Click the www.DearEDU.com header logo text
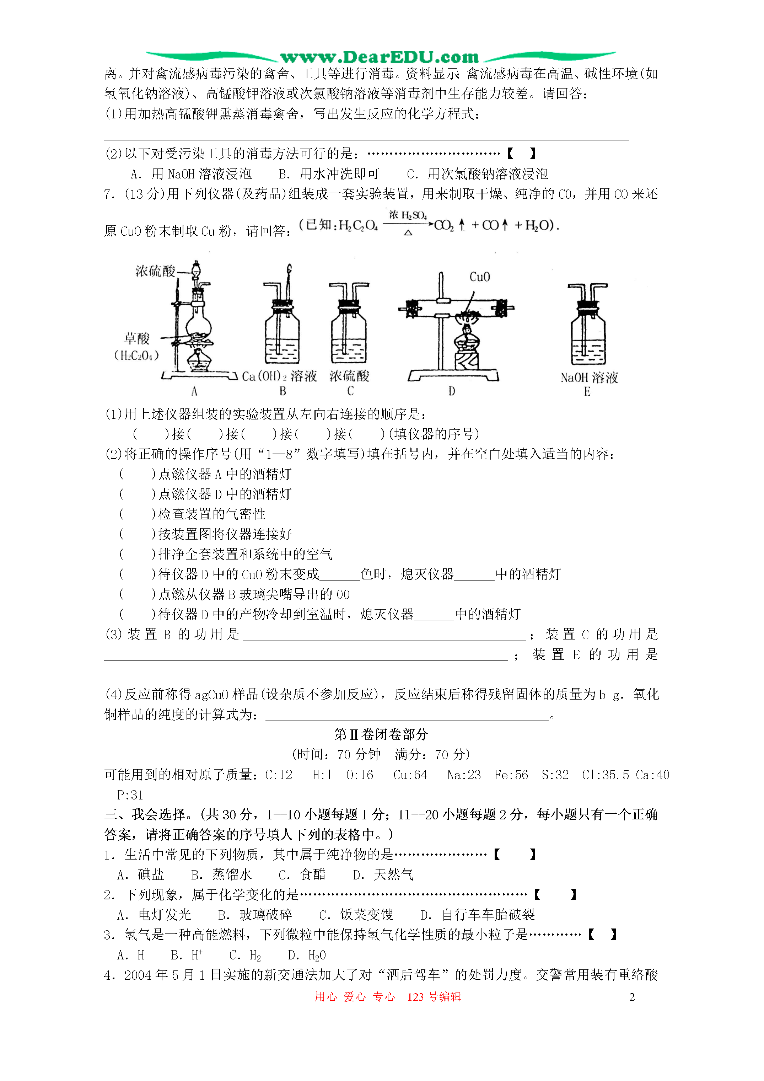(x=380, y=58)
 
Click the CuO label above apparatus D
(x=479, y=277)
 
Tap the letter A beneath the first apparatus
(x=194, y=391)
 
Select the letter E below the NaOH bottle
(x=587, y=392)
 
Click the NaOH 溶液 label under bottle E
(x=589, y=378)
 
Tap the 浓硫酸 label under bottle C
(x=349, y=376)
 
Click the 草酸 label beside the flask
(x=137, y=338)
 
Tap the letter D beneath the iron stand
(x=451, y=391)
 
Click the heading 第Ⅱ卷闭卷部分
(x=381, y=734)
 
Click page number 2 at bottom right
(x=632, y=997)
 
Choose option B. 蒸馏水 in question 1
(x=221, y=875)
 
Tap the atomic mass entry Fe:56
(x=511, y=775)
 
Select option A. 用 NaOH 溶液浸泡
(x=191, y=174)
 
